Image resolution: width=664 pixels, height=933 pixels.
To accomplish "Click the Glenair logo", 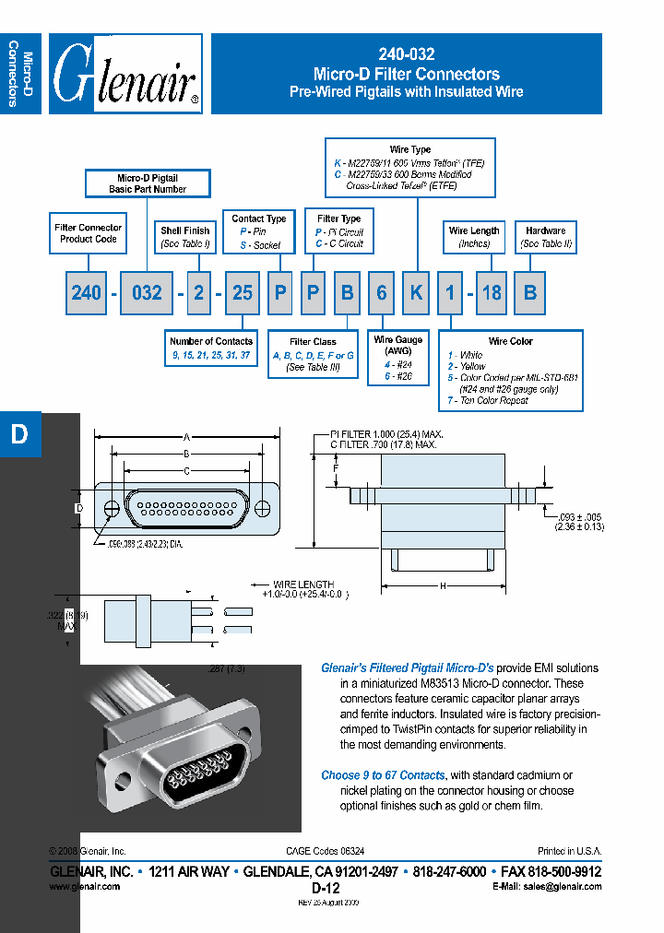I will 125,74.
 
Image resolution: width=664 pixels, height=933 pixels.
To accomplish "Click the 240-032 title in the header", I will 406,55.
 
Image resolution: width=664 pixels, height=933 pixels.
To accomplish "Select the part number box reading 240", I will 86,292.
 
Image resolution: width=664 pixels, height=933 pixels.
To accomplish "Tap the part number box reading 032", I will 147,292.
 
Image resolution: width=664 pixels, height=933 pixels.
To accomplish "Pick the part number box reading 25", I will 242,292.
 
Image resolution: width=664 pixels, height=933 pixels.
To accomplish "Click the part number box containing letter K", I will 417,292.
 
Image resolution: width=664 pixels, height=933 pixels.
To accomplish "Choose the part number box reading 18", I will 492,292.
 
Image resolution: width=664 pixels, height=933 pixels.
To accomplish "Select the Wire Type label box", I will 410,167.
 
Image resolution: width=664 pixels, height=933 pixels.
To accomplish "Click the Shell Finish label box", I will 184,237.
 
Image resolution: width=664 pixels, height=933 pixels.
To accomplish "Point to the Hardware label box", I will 546,237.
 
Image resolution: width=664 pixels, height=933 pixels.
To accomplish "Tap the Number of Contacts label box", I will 211,348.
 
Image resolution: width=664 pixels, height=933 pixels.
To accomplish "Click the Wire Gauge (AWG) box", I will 398,358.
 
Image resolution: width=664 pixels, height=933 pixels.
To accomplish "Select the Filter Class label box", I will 313,354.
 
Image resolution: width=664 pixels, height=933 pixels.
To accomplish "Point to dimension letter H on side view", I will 443,585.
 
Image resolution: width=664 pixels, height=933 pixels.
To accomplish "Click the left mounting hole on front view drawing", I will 111,508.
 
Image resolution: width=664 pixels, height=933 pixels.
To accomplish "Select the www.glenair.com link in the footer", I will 84,886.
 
